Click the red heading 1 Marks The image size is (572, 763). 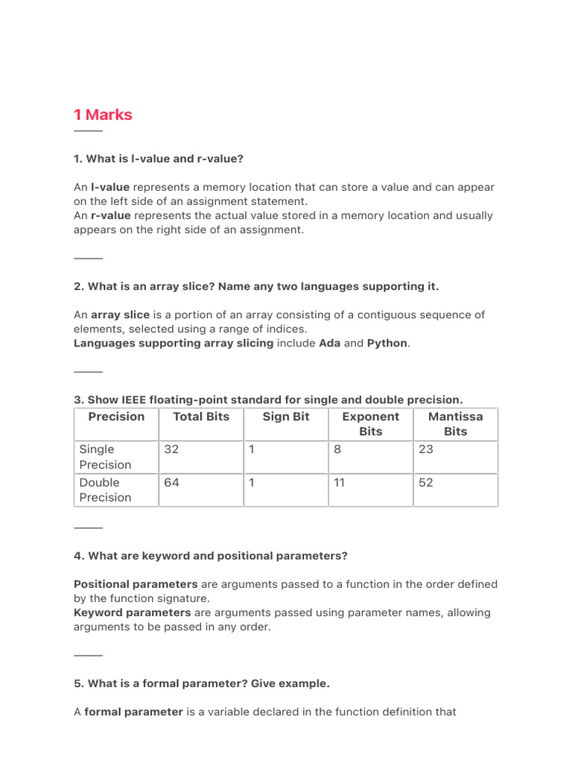(103, 115)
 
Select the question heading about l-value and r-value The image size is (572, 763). (159, 159)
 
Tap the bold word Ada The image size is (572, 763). (329, 343)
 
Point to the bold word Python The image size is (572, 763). (387, 343)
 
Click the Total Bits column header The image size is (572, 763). (201, 417)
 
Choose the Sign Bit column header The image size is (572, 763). (286, 417)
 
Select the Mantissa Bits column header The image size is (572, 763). (455, 424)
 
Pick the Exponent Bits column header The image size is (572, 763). (370, 424)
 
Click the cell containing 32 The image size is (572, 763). (171, 449)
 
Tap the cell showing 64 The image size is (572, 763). (171, 482)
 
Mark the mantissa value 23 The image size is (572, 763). (426, 449)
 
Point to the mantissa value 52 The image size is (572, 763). (426, 482)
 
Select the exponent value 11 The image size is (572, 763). (340, 482)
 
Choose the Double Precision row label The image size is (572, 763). (105, 490)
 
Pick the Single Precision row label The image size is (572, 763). (105, 457)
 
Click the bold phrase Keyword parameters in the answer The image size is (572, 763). (132, 612)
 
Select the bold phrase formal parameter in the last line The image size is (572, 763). (133, 712)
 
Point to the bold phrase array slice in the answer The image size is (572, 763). (120, 315)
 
